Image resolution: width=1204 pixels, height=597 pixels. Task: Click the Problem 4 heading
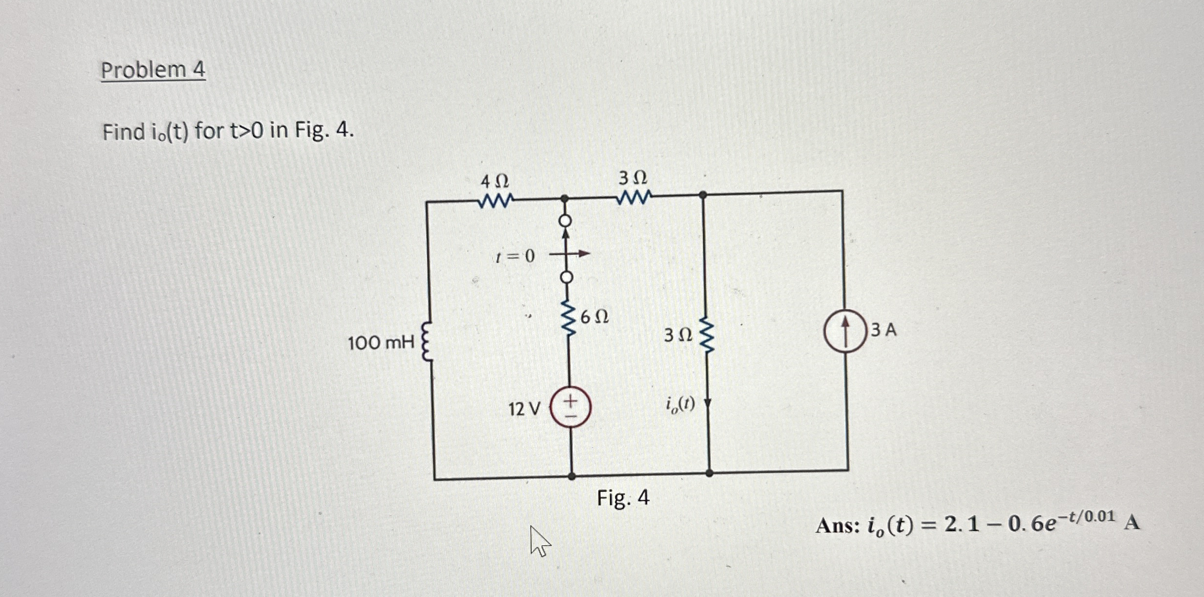pos(153,70)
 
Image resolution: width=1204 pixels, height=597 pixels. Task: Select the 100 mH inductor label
pos(381,343)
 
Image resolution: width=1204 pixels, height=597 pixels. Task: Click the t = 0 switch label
pos(515,256)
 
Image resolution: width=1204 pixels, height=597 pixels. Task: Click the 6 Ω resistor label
pos(594,317)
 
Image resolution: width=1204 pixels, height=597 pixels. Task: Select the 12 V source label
pos(524,409)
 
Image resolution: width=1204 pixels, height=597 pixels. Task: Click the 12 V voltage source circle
pos(570,407)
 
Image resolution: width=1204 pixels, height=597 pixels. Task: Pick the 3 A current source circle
pos(845,331)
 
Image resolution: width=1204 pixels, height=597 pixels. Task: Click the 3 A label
pos(884,331)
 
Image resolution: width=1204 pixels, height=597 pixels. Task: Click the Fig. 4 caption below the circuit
pos(623,498)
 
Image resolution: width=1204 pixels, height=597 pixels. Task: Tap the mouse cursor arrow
pos(539,540)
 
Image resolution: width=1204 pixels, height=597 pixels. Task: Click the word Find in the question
pos(124,132)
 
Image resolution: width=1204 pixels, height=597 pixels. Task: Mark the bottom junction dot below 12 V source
pos(572,475)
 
